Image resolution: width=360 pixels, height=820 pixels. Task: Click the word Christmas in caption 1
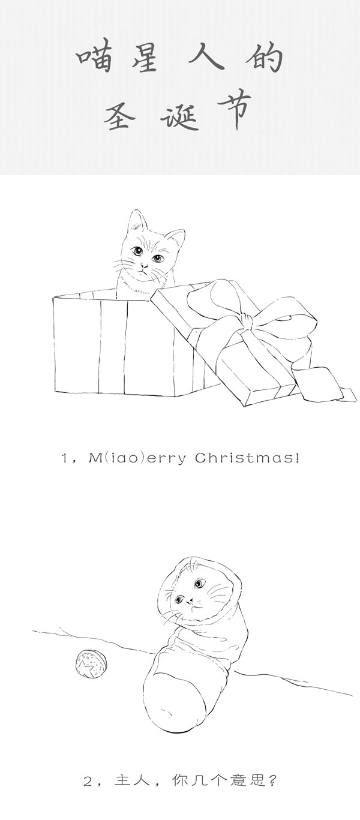point(247,458)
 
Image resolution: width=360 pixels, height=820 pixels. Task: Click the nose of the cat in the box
point(145,265)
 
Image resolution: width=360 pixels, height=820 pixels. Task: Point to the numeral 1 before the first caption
point(64,458)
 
